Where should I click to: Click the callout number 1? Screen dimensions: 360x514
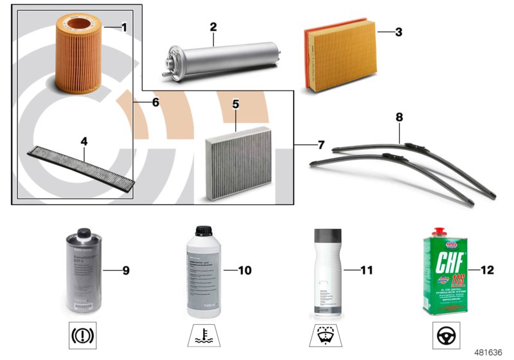click(x=124, y=27)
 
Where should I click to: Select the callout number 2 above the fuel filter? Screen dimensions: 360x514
click(x=213, y=27)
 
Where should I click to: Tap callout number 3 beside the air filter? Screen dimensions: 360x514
click(x=398, y=32)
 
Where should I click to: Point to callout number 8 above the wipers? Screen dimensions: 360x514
click(x=399, y=117)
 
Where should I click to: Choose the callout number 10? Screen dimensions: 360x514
click(x=244, y=271)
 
